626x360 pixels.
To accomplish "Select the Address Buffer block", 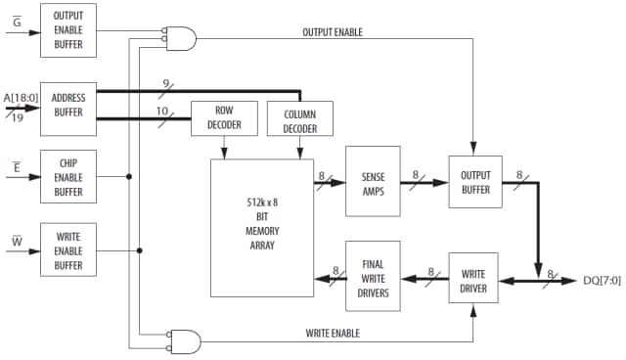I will pos(68,108).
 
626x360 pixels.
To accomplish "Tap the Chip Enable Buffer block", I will pos(68,176).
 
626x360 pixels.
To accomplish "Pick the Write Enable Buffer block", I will pos(68,249).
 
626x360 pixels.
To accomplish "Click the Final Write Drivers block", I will pos(373,276).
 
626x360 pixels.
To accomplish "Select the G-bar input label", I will pos(14,17).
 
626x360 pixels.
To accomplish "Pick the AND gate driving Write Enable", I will pos(186,340).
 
